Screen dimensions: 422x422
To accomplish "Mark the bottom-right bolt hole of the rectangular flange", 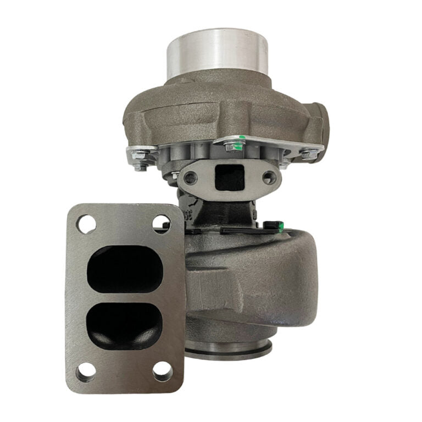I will coord(160,372).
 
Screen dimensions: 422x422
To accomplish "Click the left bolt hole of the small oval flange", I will coord(191,177).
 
